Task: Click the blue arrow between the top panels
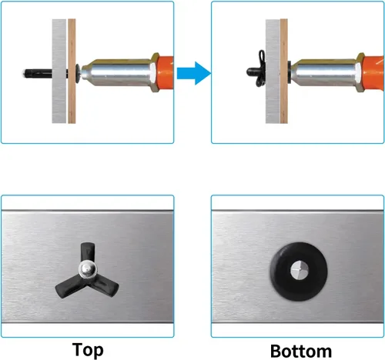click(194, 73)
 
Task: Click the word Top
click(88, 350)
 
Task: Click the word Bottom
click(301, 351)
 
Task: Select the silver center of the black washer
click(299, 271)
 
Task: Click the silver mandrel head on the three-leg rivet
click(88, 269)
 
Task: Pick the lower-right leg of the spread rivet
click(105, 286)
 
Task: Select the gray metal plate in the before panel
click(59, 71)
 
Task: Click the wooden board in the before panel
click(72, 71)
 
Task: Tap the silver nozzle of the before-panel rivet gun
click(117, 72)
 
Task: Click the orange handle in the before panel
click(165, 73)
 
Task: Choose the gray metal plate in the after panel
click(273, 71)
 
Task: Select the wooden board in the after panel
click(284, 71)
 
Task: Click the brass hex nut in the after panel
click(360, 72)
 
